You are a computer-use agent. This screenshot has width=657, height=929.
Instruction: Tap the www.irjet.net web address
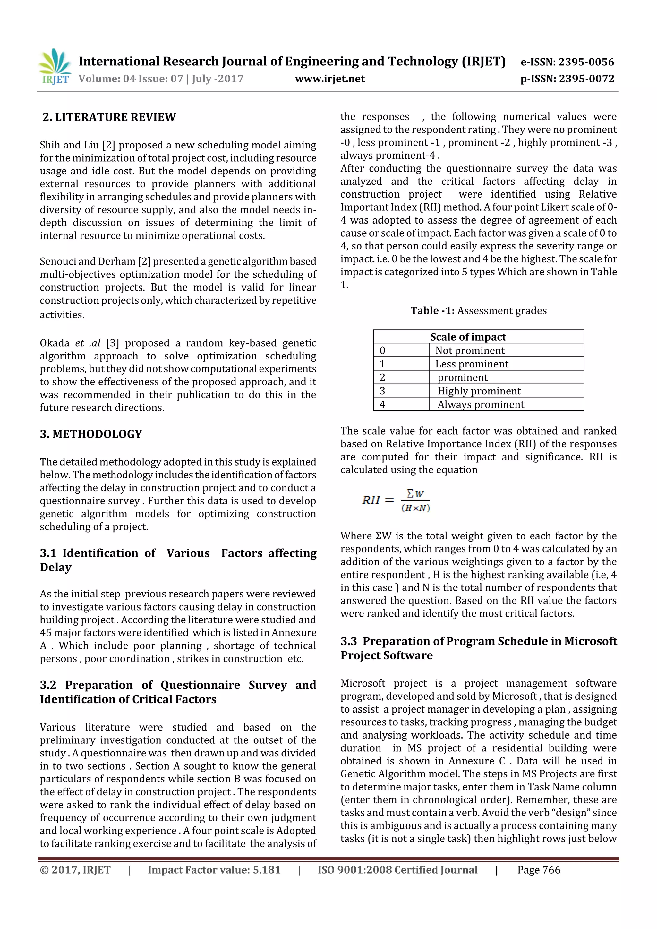point(329,79)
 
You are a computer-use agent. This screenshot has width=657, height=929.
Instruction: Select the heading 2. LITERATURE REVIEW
point(109,117)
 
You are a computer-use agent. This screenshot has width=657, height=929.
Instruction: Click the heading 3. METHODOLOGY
point(91,434)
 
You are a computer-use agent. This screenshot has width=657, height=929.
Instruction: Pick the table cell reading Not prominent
point(470,350)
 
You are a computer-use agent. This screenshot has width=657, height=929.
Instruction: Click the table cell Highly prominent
point(479,391)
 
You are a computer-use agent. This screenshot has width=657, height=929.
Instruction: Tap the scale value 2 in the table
point(382,377)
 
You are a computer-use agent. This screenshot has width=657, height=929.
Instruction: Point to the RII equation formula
point(396,501)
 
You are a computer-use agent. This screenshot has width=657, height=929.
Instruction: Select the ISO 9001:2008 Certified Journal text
point(397,870)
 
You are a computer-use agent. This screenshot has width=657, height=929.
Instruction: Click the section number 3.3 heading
point(348,641)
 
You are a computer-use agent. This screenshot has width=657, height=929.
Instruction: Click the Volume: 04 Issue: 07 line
point(161,79)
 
